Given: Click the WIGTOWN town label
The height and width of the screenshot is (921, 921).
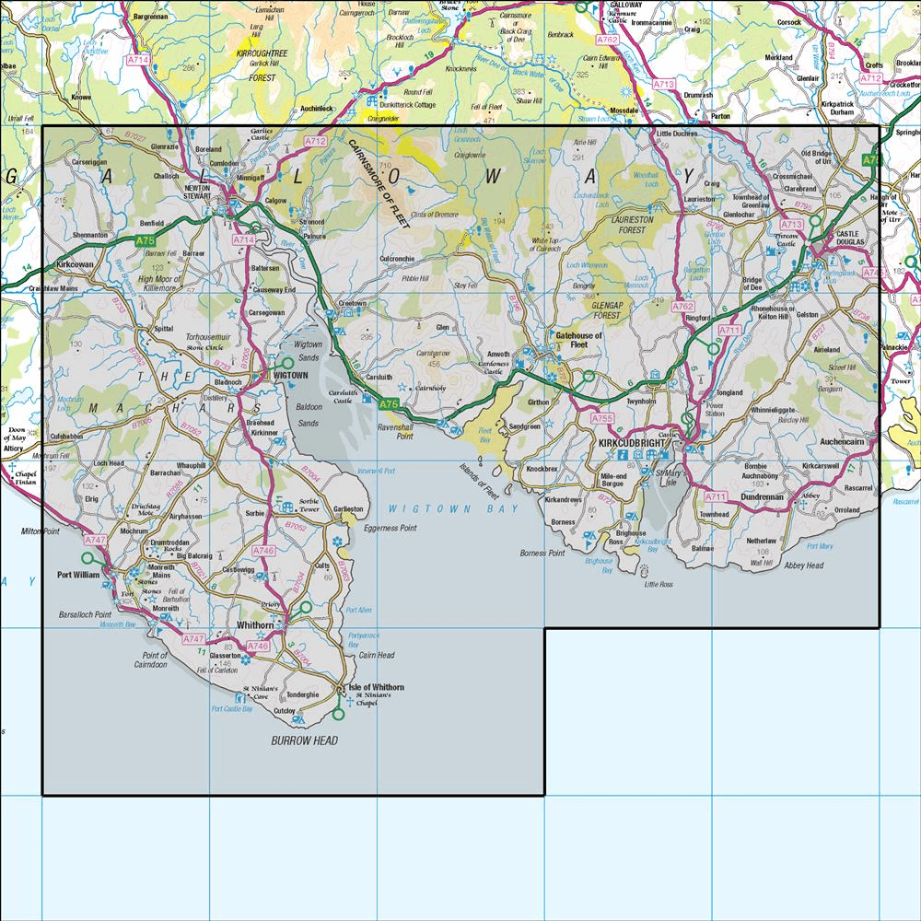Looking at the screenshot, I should pyautogui.click(x=288, y=376).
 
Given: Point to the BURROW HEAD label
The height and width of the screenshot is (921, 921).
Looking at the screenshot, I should pyautogui.click(x=305, y=740).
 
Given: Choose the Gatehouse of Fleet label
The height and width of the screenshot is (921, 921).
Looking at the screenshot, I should pyautogui.click(x=577, y=339).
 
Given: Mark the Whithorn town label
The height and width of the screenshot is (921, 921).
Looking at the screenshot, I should pyautogui.click(x=255, y=625).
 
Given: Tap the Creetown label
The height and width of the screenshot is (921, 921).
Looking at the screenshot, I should pyautogui.click(x=352, y=302).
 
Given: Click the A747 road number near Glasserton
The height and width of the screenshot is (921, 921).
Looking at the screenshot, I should pyautogui.click(x=192, y=638).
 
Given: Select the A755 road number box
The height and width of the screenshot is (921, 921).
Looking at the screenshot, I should pyautogui.click(x=602, y=418).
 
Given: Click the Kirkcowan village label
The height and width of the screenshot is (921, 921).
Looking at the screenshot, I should pyautogui.click(x=76, y=263).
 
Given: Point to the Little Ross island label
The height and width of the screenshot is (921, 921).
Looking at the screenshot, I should pyautogui.click(x=659, y=584).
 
